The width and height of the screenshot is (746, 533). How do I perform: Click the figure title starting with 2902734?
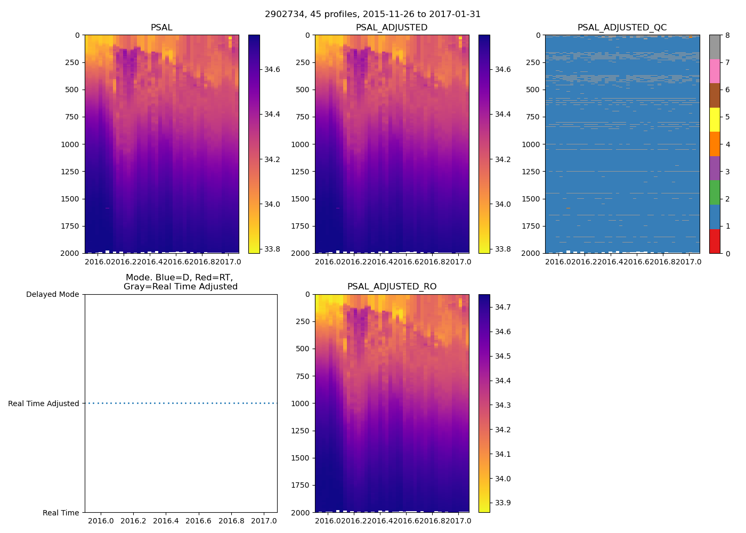373,14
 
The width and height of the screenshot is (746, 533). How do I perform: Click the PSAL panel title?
161,28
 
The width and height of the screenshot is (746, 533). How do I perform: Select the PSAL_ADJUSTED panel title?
392,28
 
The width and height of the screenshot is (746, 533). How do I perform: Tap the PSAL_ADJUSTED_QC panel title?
622,28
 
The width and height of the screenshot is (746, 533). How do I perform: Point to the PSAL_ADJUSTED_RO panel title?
392,287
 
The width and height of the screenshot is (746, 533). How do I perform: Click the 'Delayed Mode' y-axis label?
52,294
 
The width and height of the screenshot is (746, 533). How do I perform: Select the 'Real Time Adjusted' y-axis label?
44,403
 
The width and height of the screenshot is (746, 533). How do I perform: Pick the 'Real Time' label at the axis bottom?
61,513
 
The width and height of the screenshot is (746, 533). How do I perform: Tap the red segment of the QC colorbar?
715,241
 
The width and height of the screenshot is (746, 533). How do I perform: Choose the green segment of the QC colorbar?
715,192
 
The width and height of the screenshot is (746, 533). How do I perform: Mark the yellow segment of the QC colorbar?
715,120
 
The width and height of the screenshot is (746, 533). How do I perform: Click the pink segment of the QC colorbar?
715,71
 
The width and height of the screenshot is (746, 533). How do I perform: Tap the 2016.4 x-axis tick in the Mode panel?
166,521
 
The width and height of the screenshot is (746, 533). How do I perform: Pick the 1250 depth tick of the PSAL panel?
70,172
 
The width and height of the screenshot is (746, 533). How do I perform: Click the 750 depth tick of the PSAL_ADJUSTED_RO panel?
303,376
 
